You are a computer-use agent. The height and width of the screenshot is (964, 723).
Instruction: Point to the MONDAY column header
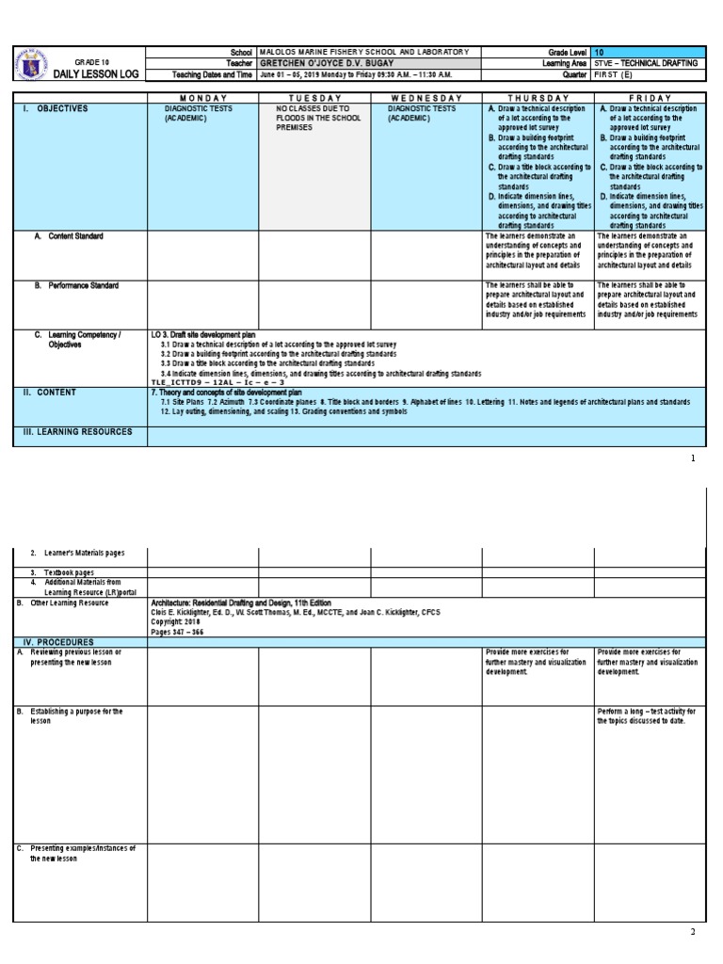203,98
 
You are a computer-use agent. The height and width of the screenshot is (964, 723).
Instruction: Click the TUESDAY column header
314,98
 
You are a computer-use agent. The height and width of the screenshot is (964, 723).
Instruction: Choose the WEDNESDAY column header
426,98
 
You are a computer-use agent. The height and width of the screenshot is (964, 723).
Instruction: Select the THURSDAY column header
538,98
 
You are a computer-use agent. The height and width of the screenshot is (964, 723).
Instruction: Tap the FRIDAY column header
649,98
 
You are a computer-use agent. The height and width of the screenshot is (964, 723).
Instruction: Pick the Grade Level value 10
601,51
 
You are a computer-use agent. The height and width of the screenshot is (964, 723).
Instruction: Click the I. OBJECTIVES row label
56,109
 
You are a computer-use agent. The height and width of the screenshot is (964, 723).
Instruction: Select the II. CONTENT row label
51,392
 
